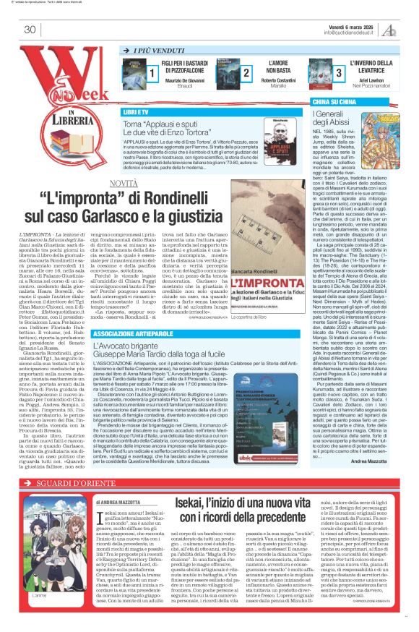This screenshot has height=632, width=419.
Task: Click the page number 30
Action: pyautogui.click(x=30, y=30)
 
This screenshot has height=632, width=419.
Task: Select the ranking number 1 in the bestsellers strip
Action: pyautogui.click(x=153, y=74)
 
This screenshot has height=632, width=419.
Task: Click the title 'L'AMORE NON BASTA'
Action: pyautogui.click(x=279, y=68)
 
